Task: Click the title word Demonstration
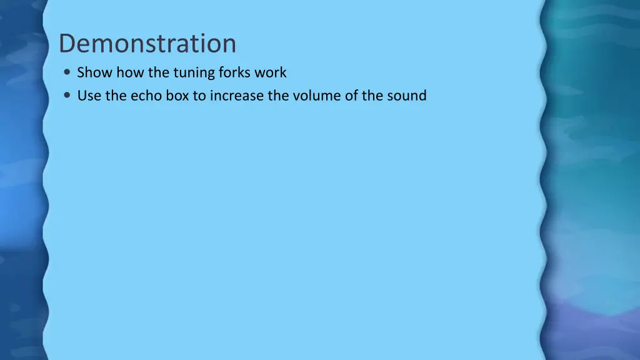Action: click(x=147, y=44)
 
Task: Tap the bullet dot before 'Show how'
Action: click(x=67, y=72)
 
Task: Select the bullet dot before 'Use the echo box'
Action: click(x=67, y=96)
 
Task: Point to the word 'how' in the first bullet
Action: click(x=130, y=72)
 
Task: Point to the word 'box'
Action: click(x=177, y=96)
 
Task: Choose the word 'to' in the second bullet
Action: click(x=199, y=96)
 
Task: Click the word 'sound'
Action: click(x=407, y=96)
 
